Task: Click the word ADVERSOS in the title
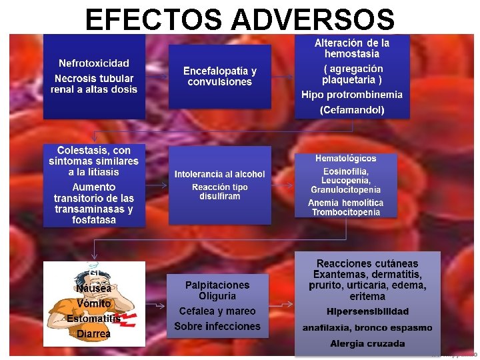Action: pyautogui.click(x=312, y=19)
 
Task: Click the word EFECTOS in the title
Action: pyautogui.click(x=155, y=19)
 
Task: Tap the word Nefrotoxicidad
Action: pyautogui.click(x=94, y=63)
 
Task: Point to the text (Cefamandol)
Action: pyautogui.click(x=352, y=110)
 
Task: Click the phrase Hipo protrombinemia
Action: pyautogui.click(x=352, y=95)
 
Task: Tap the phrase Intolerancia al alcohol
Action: pyautogui.click(x=220, y=174)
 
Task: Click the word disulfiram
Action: pyautogui.click(x=220, y=197)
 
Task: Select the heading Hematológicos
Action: pyautogui.click(x=346, y=159)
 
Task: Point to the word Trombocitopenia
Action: pyautogui.click(x=346, y=213)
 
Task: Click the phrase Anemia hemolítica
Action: pyautogui.click(x=346, y=203)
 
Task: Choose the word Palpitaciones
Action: pyautogui.click(x=217, y=285)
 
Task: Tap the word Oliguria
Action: pyautogui.click(x=217, y=296)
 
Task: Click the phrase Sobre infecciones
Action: pyautogui.click(x=217, y=327)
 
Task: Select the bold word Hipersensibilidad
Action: pyautogui.click(x=367, y=311)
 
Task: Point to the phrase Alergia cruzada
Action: pyautogui.click(x=367, y=344)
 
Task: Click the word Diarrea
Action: pyautogui.click(x=93, y=333)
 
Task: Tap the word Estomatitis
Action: pyautogui.click(x=93, y=319)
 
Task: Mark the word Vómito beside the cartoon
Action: pyautogui.click(x=93, y=303)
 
